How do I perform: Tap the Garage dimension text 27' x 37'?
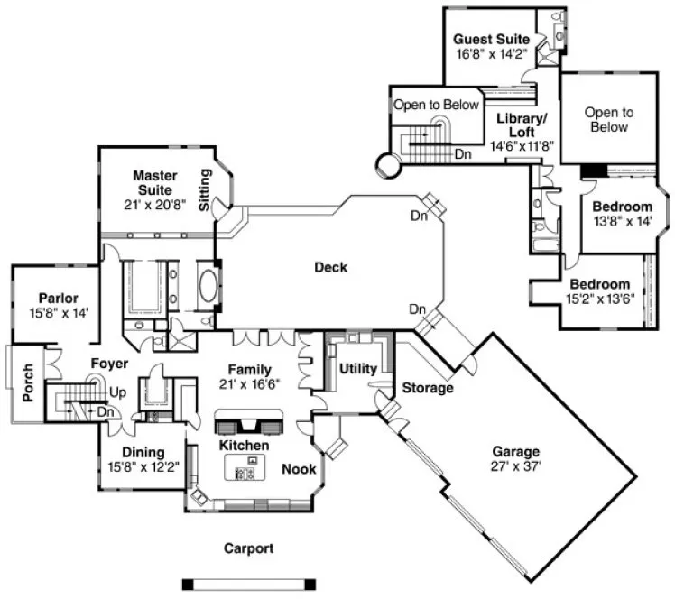[x=515, y=466]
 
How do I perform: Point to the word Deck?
[x=330, y=267]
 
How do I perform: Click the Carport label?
[x=248, y=548]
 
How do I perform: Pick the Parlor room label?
[x=58, y=298]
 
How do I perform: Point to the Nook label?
[x=298, y=469]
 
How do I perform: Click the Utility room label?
[x=357, y=368]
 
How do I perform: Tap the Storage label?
[x=428, y=388]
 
